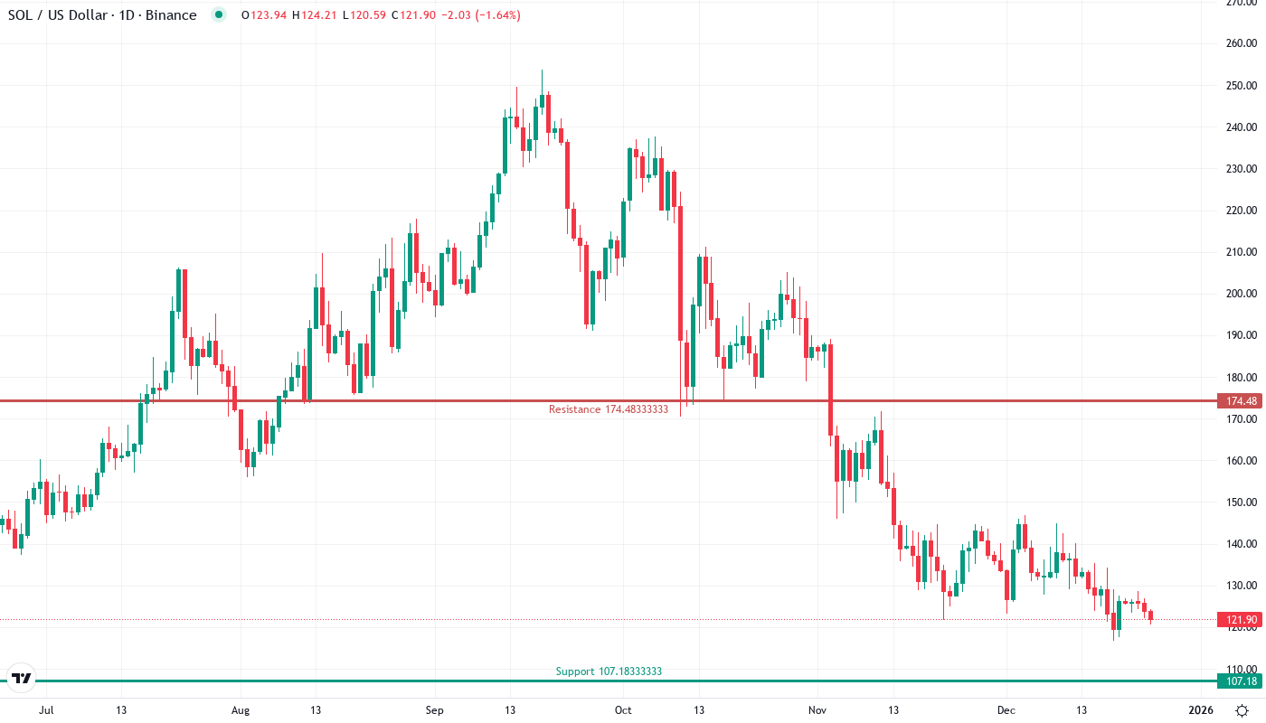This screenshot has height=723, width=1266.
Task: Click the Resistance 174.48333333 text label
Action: coord(608,409)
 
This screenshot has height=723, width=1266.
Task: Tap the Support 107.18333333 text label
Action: coord(609,671)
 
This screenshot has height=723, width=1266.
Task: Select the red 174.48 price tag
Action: coord(1238,400)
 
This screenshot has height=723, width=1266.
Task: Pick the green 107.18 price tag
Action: coord(1238,681)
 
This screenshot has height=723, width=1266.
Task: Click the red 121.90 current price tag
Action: coord(1238,620)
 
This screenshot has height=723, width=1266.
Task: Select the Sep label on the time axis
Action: coord(435,710)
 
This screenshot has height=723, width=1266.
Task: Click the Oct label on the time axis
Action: coord(623,710)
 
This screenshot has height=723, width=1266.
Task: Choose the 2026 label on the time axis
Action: coord(1200,710)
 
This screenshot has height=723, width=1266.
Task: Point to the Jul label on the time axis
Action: coord(47,710)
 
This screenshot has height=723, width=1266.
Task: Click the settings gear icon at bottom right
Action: coord(1242,710)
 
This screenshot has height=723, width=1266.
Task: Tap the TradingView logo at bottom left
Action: coord(22,678)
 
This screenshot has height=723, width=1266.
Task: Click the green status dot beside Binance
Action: coord(218,15)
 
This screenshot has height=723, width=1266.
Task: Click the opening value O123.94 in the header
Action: coord(263,15)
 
